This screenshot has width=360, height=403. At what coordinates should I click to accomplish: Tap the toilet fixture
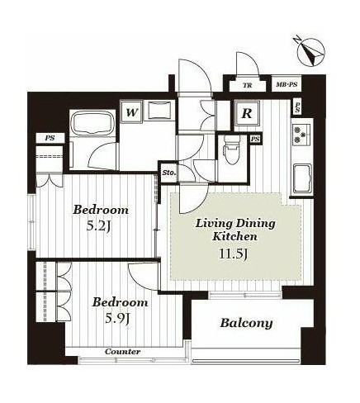(x=232, y=149)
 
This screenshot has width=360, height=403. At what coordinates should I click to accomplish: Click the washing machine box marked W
(x=132, y=112)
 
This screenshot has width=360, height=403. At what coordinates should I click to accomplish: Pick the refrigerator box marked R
(x=247, y=113)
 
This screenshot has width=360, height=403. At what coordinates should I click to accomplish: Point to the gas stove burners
(x=301, y=135)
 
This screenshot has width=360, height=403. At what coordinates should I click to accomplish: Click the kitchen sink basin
(x=302, y=178)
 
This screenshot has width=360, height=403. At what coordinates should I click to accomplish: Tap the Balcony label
(x=246, y=323)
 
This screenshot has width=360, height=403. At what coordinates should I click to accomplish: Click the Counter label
(x=122, y=352)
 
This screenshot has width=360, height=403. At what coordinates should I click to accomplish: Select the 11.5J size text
(x=234, y=254)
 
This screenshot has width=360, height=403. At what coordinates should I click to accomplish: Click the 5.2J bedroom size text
(x=99, y=226)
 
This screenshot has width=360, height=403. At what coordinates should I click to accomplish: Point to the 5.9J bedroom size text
(x=118, y=319)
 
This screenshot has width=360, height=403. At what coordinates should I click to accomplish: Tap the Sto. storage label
(x=169, y=173)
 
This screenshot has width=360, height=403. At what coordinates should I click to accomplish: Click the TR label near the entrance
(x=248, y=85)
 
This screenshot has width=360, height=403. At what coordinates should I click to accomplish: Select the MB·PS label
(x=287, y=84)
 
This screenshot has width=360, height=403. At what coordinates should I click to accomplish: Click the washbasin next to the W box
(x=160, y=111)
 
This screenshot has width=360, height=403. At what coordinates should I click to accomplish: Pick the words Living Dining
(x=235, y=224)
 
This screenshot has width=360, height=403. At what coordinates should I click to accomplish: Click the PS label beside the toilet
(x=255, y=140)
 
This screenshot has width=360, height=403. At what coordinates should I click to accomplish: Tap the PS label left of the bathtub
(x=50, y=138)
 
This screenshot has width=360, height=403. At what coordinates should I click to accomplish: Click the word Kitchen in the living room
(x=234, y=236)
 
